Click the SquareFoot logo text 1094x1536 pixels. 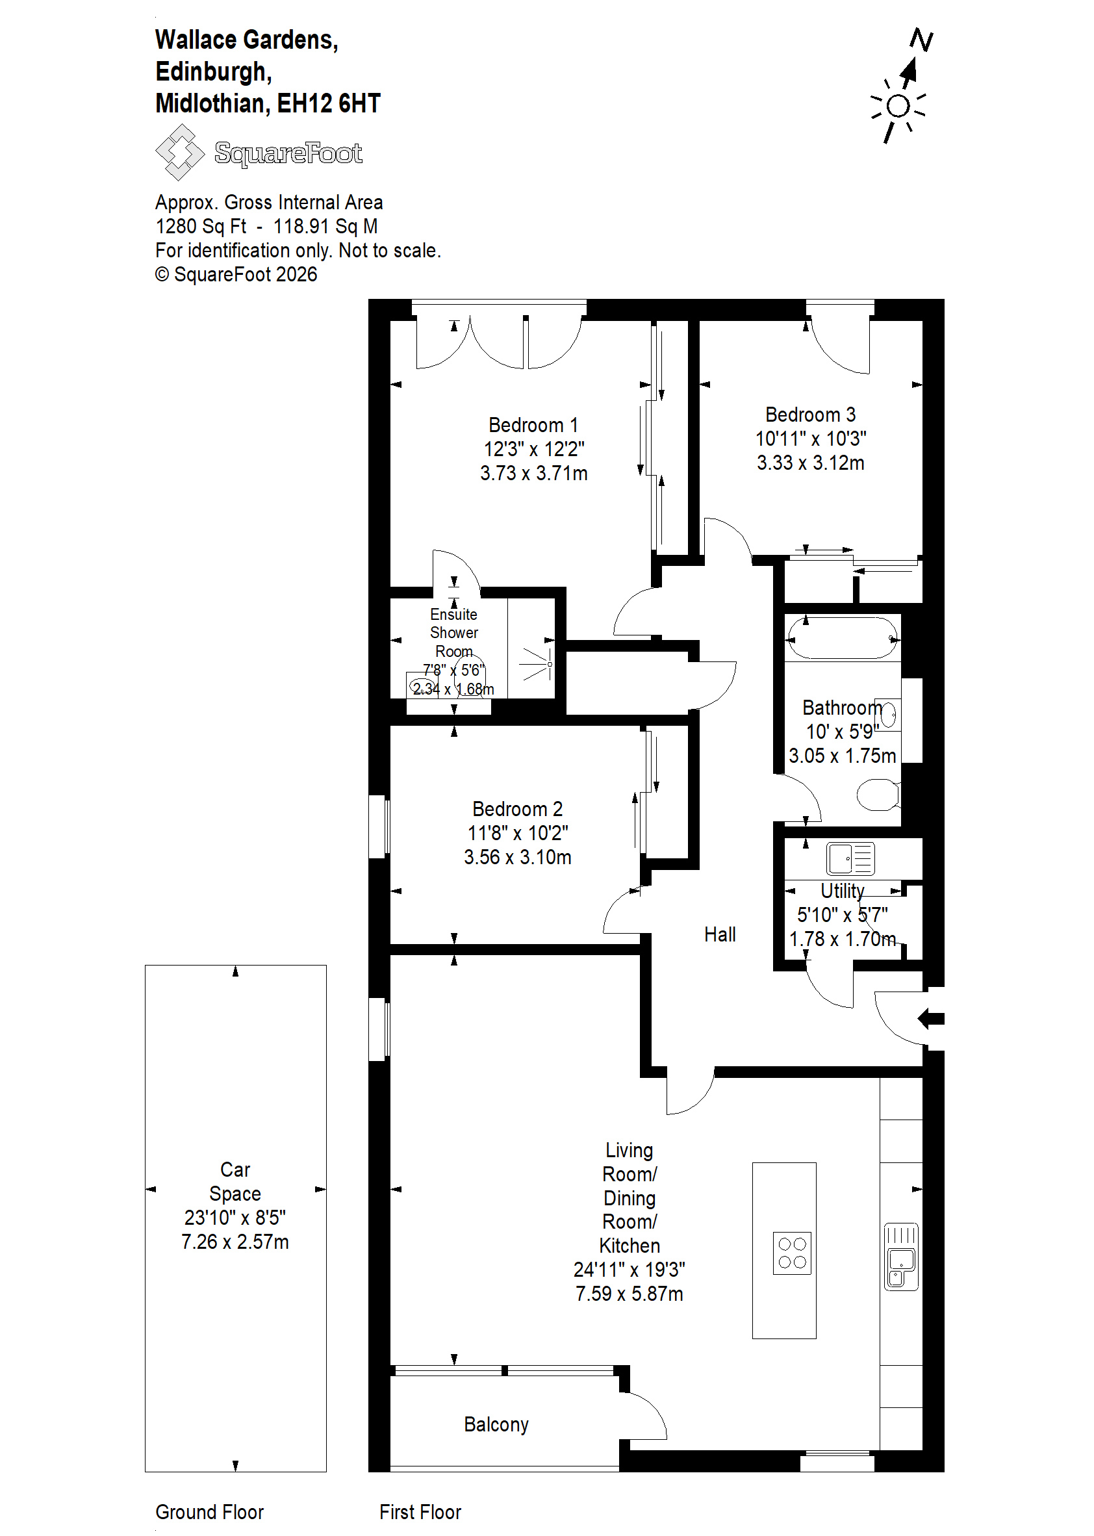288,153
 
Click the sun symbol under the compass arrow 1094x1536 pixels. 898,107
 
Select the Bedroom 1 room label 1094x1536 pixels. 533,425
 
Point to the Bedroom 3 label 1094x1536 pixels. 810,415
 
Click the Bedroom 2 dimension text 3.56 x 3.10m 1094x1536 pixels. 517,857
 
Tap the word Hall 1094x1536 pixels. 719,934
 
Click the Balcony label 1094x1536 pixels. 496,1424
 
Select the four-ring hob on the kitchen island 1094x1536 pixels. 792,1253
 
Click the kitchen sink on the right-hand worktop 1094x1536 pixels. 900,1257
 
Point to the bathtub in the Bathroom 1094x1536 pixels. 843,637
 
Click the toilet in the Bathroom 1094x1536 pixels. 878,794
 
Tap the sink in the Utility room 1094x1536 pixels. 850,859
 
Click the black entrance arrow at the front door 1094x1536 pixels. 931,1019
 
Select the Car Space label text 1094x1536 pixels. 235,1181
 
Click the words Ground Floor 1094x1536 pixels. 209,1512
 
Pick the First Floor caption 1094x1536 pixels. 420,1512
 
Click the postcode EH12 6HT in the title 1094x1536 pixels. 329,103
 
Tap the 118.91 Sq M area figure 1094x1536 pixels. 325,226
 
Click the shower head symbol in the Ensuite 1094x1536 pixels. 537,664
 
